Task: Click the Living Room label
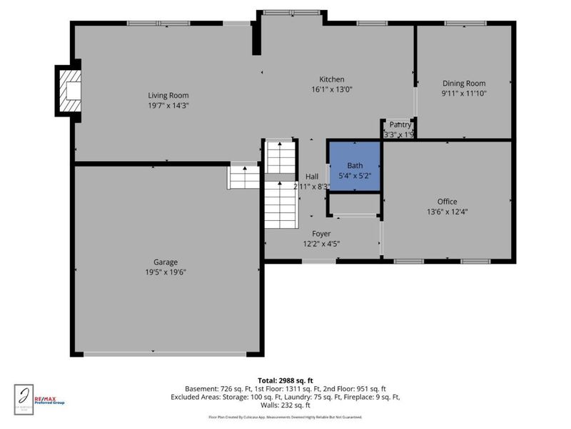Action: coord(168,95)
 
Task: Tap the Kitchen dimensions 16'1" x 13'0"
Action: coord(332,89)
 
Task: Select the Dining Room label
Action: coord(464,83)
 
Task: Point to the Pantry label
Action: coord(400,124)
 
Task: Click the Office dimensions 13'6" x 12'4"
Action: coord(448,211)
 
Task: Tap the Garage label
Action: coord(166,262)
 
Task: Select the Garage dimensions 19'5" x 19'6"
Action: coord(166,272)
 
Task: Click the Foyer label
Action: coord(321,234)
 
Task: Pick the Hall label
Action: coord(312,177)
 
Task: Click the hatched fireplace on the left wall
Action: coord(70,90)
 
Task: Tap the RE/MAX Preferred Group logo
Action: coord(49,400)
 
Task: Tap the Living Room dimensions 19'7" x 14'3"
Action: coord(168,105)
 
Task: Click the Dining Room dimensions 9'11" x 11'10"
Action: coord(464,93)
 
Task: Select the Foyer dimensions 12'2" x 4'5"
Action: coord(321,244)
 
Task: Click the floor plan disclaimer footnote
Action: coord(285,417)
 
